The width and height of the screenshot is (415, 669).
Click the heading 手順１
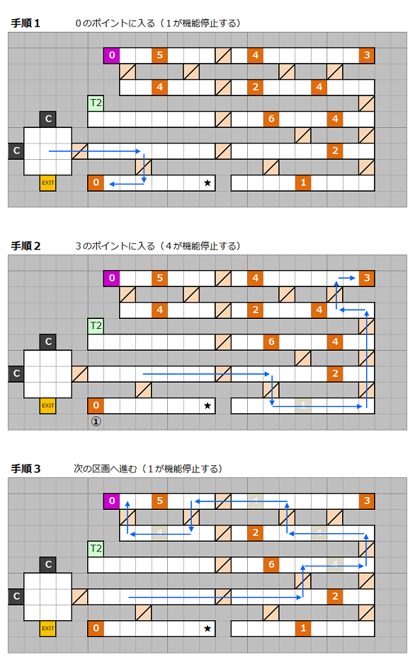pos(25,23)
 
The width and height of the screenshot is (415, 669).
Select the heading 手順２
pos(25,246)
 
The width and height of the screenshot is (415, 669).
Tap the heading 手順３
pos(25,468)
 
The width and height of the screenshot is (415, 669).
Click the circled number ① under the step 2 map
pos(96,421)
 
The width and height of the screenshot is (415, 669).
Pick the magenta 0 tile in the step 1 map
pos(112,55)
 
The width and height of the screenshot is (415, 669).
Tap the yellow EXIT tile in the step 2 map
pos(48,405)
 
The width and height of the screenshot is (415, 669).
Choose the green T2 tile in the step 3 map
pos(96,548)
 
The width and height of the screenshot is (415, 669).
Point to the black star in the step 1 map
pos(207,182)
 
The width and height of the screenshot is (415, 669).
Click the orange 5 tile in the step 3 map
pos(159,501)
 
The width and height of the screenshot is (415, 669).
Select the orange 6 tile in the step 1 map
pos(271,119)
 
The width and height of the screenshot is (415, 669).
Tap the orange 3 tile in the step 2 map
pos(367,278)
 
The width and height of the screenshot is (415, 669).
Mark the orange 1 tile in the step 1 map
pos(303,182)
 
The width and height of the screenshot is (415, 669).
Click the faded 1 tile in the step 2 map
pos(303,405)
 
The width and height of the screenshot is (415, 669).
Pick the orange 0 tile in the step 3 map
pos(96,628)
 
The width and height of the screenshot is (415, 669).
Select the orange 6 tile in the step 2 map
pos(271,342)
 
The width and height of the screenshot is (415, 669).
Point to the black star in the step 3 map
pos(207,628)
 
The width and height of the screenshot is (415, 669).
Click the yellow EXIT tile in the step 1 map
pos(48,182)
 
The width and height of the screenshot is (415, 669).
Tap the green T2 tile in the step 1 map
pos(96,103)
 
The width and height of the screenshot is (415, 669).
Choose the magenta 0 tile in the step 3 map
pos(112,501)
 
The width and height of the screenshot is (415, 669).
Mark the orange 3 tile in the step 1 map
pos(367,55)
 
